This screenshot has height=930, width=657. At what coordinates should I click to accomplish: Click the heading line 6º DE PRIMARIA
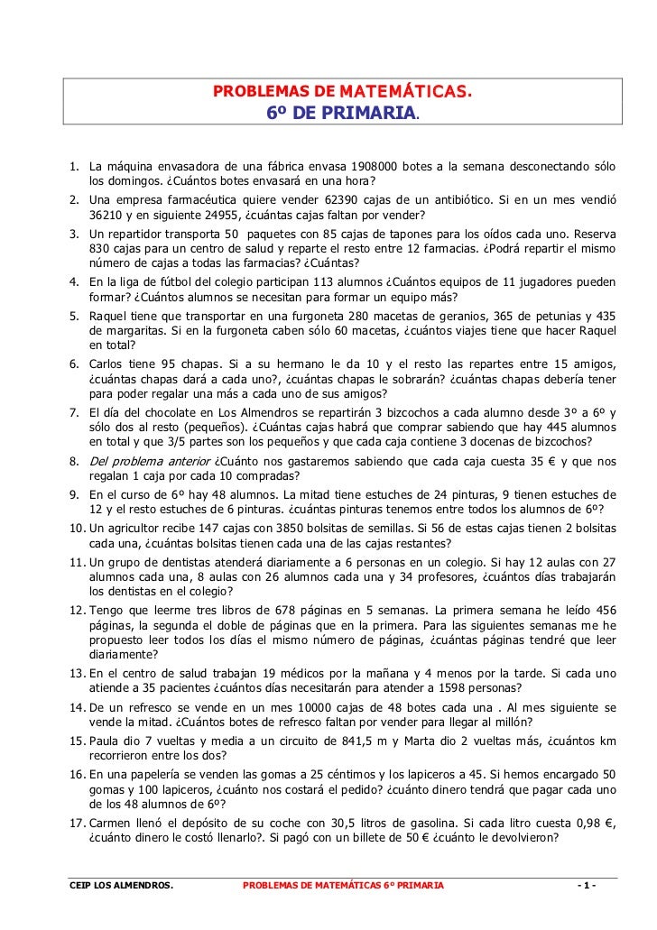[x=342, y=114]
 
